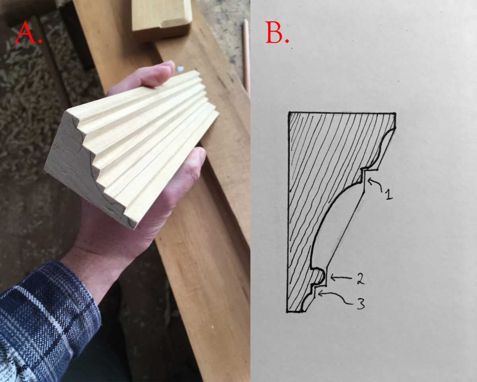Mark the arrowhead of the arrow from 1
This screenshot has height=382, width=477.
[x=368, y=181]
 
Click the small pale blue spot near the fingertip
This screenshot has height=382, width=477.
[x=180, y=68]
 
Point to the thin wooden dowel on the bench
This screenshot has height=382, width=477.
[x=246, y=56]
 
